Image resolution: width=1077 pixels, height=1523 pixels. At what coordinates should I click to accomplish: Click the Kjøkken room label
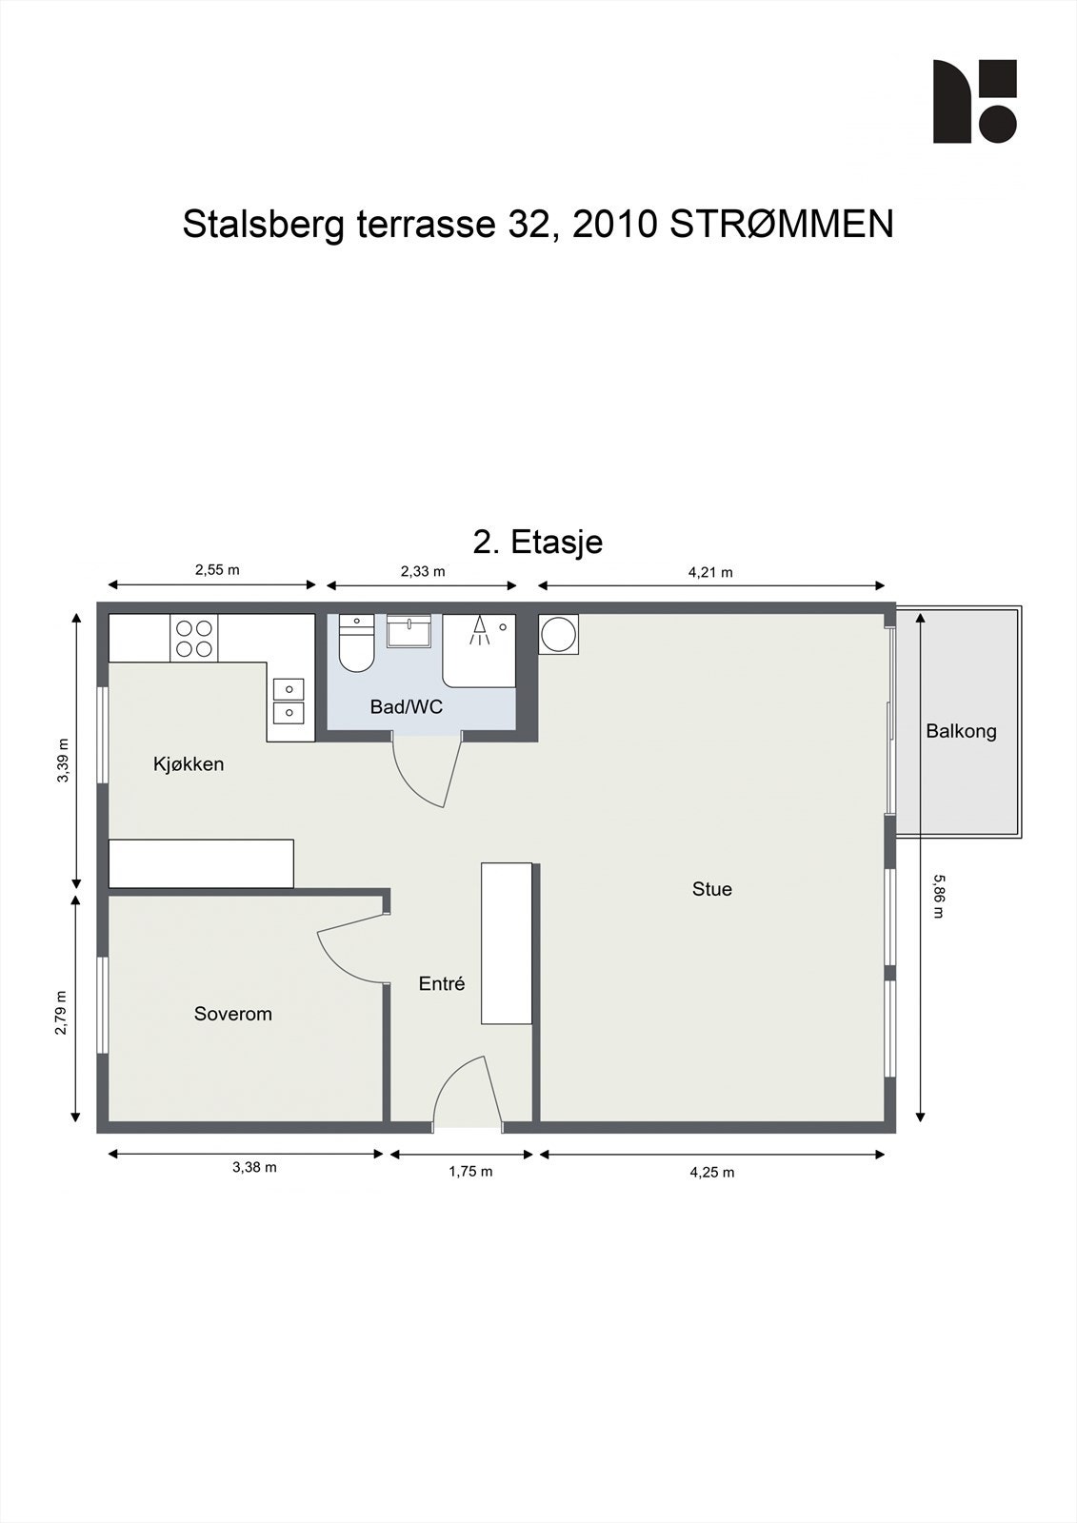[x=189, y=764]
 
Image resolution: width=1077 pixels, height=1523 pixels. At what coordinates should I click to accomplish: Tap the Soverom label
[x=232, y=1014]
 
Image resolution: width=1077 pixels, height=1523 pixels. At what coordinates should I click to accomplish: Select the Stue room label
[x=711, y=889]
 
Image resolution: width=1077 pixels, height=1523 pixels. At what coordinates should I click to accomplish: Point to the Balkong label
[x=961, y=732]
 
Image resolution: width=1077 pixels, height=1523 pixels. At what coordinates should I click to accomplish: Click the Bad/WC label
[x=407, y=707]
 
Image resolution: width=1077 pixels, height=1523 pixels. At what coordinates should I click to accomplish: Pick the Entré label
[x=442, y=983]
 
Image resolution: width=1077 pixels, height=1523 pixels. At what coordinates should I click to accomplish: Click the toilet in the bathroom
[x=356, y=643]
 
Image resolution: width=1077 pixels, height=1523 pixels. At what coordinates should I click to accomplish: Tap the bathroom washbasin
[x=409, y=632]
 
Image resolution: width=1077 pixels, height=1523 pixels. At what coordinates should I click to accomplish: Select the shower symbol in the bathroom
[x=480, y=630]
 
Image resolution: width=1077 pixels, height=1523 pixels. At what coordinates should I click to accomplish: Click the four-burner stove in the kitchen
[x=194, y=638]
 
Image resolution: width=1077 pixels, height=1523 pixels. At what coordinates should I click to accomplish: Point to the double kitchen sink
[x=289, y=701]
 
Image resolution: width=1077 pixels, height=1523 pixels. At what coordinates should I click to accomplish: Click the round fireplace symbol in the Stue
[x=559, y=634]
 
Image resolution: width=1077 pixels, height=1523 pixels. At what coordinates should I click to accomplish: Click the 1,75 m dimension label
[x=470, y=1171]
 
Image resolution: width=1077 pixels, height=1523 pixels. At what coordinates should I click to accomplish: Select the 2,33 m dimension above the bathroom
[x=423, y=571]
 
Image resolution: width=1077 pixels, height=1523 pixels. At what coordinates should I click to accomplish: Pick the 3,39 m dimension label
[x=63, y=761]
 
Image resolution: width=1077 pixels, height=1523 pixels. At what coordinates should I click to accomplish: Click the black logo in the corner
[x=974, y=101]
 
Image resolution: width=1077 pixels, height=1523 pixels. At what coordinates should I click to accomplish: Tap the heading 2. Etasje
[x=537, y=542]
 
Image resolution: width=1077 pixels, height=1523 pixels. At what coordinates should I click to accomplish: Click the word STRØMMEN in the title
[x=782, y=225]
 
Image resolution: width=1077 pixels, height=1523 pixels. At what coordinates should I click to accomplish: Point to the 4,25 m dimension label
[x=711, y=1172]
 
